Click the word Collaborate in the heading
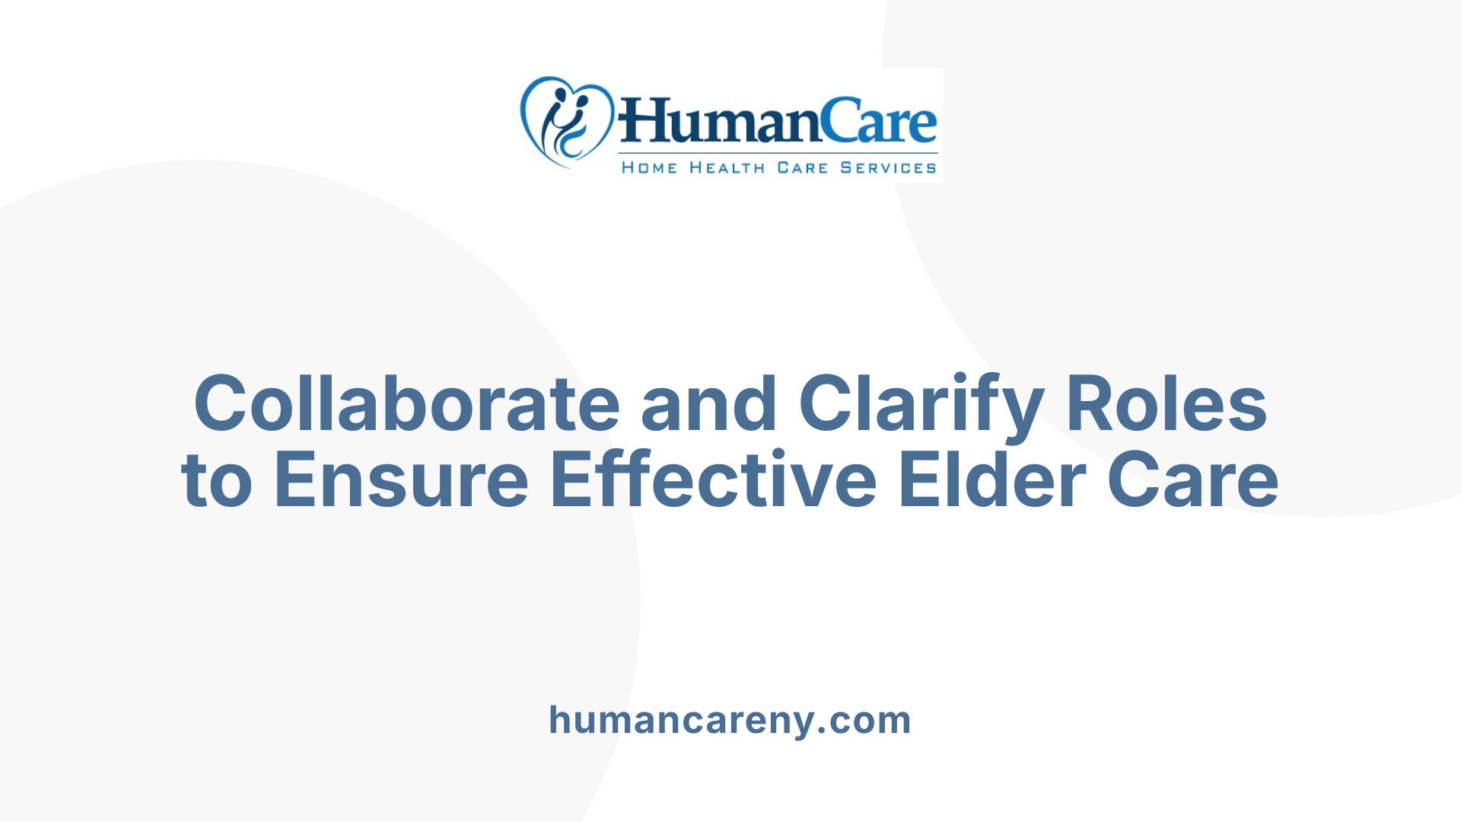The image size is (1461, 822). tap(407, 403)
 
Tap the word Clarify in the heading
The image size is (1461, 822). tap(921, 403)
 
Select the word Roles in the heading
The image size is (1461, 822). tap(1166, 403)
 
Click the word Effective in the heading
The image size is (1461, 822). tap(713, 479)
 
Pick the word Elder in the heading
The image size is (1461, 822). tap(992, 479)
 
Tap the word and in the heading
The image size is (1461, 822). tap(709, 403)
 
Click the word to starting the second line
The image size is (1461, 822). tap(216, 479)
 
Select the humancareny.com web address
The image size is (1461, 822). tap(730, 720)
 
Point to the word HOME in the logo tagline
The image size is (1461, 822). tap(649, 167)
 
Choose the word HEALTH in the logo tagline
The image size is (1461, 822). tap(727, 167)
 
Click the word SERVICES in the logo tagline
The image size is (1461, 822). tap(888, 167)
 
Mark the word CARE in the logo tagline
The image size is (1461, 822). tap(802, 167)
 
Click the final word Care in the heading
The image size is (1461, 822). tap(1192, 479)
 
